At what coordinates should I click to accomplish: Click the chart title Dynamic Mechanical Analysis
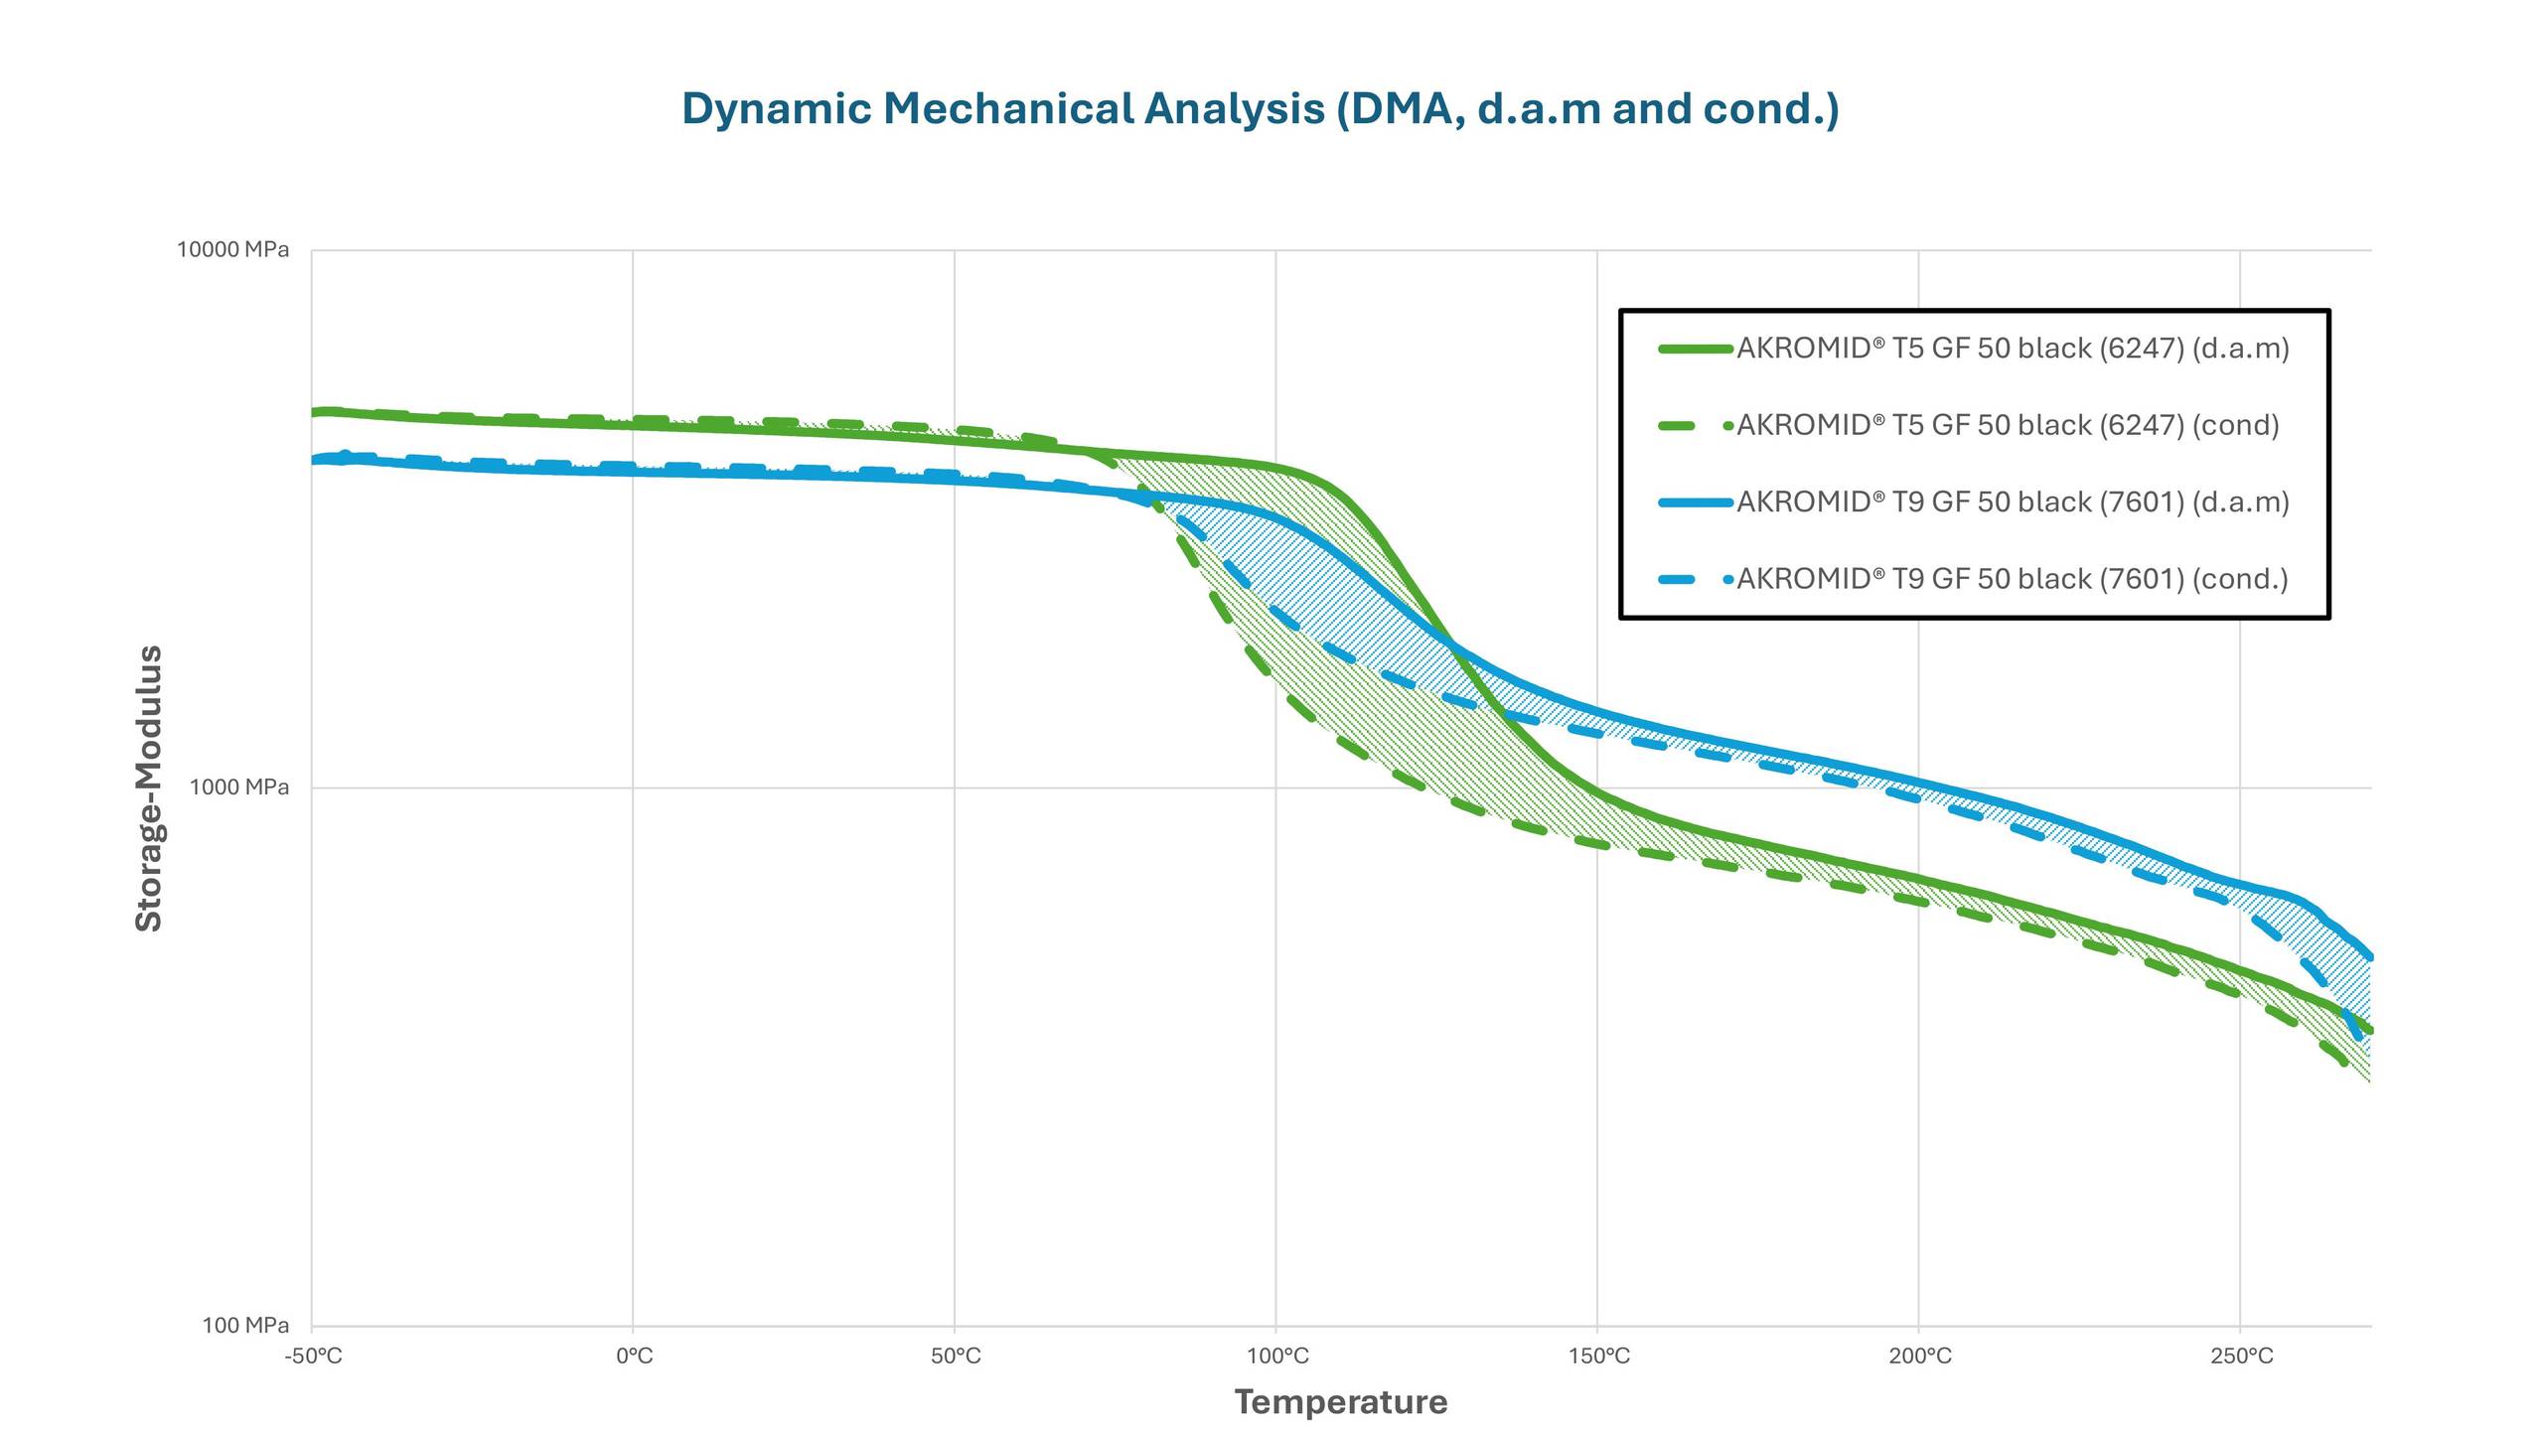tap(1260, 108)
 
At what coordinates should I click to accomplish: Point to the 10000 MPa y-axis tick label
tap(233, 249)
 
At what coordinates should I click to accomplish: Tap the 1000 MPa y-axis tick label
tap(239, 787)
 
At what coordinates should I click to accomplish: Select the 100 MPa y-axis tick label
tap(245, 1325)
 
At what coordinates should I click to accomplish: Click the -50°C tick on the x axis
tap(313, 1357)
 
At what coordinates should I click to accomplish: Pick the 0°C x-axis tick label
tap(634, 1357)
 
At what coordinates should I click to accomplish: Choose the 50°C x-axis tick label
tap(956, 1357)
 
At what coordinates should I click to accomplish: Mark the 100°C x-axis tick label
tap(1277, 1357)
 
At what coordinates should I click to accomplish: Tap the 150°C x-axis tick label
tap(1598, 1357)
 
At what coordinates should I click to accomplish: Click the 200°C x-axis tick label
tap(1920, 1357)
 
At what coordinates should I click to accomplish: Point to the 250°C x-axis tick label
tap(2241, 1357)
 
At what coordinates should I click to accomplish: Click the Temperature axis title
tap(1340, 1402)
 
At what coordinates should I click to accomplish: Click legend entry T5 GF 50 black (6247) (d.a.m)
tap(2012, 349)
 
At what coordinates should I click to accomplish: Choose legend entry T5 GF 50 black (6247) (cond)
tap(2007, 425)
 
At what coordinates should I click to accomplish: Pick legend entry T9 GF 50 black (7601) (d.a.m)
tap(2012, 502)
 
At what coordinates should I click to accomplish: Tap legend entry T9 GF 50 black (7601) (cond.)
tap(2012, 579)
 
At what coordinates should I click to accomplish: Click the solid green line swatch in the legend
tap(1695, 349)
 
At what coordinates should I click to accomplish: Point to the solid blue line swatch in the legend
tap(1695, 502)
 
